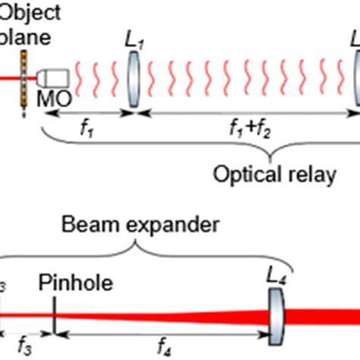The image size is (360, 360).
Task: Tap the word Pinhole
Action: (75, 284)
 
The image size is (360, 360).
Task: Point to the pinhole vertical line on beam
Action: (55, 312)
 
